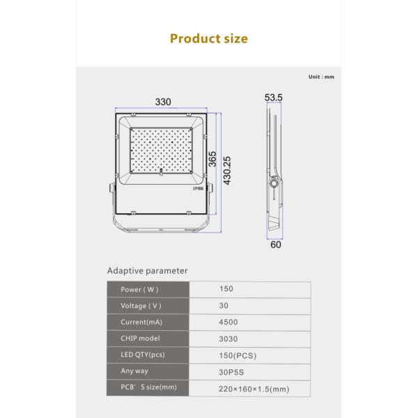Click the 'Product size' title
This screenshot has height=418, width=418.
click(208, 39)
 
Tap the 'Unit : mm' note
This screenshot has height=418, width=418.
click(321, 77)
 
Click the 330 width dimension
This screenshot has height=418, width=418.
click(163, 102)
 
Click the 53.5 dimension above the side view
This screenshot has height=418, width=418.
click(274, 98)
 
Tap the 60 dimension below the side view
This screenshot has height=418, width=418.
click(275, 244)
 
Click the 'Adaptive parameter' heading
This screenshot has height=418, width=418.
click(147, 271)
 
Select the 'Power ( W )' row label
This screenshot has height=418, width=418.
click(140, 290)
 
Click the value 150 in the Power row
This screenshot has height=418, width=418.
click(226, 289)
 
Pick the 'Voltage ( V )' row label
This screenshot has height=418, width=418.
click(141, 306)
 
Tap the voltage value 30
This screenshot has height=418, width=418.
click(224, 306)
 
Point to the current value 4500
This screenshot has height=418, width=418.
click(228, 323)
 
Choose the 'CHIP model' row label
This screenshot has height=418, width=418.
click(140, 339)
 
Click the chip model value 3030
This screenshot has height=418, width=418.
click(228, 339)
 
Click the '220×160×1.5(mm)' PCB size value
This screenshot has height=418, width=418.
click(254, 389)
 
